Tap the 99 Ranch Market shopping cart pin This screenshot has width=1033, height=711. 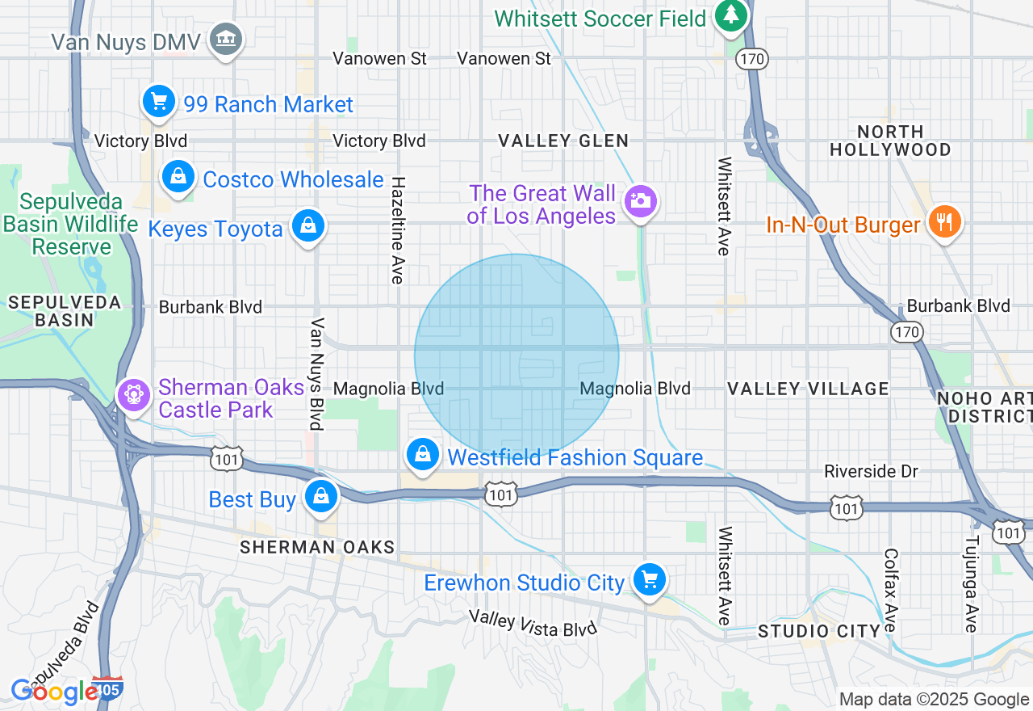pyautogui.click(x=159, y=102)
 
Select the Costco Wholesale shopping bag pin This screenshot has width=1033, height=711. pyautogui.click(x=178, y=177)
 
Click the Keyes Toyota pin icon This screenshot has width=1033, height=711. pyautogui.click(x=307, y=226)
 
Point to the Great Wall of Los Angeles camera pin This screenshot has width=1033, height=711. pyautogui.click(x=641, y=201)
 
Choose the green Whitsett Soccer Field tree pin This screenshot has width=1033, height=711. pyautogui.click(x=731, y=15)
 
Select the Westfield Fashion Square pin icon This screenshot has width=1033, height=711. pyautogui.click(x=422, y=455)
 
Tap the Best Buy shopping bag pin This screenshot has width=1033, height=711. pyautogui.click(x=321, y=497)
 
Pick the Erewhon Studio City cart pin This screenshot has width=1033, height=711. pyautogui.click(x=649, y=580)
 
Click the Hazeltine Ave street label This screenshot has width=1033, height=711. pyautogui.click(x=397, y=230)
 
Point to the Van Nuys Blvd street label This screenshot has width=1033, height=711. pyautogui.click(x=317, y=373)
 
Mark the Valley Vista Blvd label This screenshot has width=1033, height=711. pyautogui.click(x=533, y=623)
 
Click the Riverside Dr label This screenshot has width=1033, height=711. pyautogui.click(x=871, y=471)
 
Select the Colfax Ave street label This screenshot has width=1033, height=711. pyautogui.click(x=890, y=591)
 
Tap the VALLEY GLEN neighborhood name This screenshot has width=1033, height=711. pyautogui.click(x=563, y=141)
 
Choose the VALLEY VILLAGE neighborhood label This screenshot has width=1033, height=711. pyautogui.click(x=808, y=389)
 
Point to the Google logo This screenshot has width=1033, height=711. pyautogui.click(x=55, y=692)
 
